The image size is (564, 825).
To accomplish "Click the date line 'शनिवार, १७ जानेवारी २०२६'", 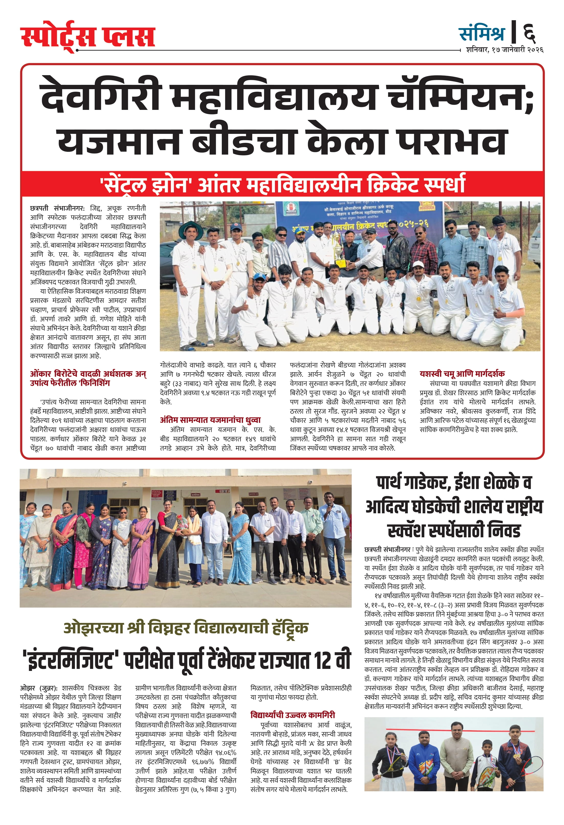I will [504, 50].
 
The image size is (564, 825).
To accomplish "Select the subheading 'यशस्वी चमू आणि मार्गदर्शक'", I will [462, 374].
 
